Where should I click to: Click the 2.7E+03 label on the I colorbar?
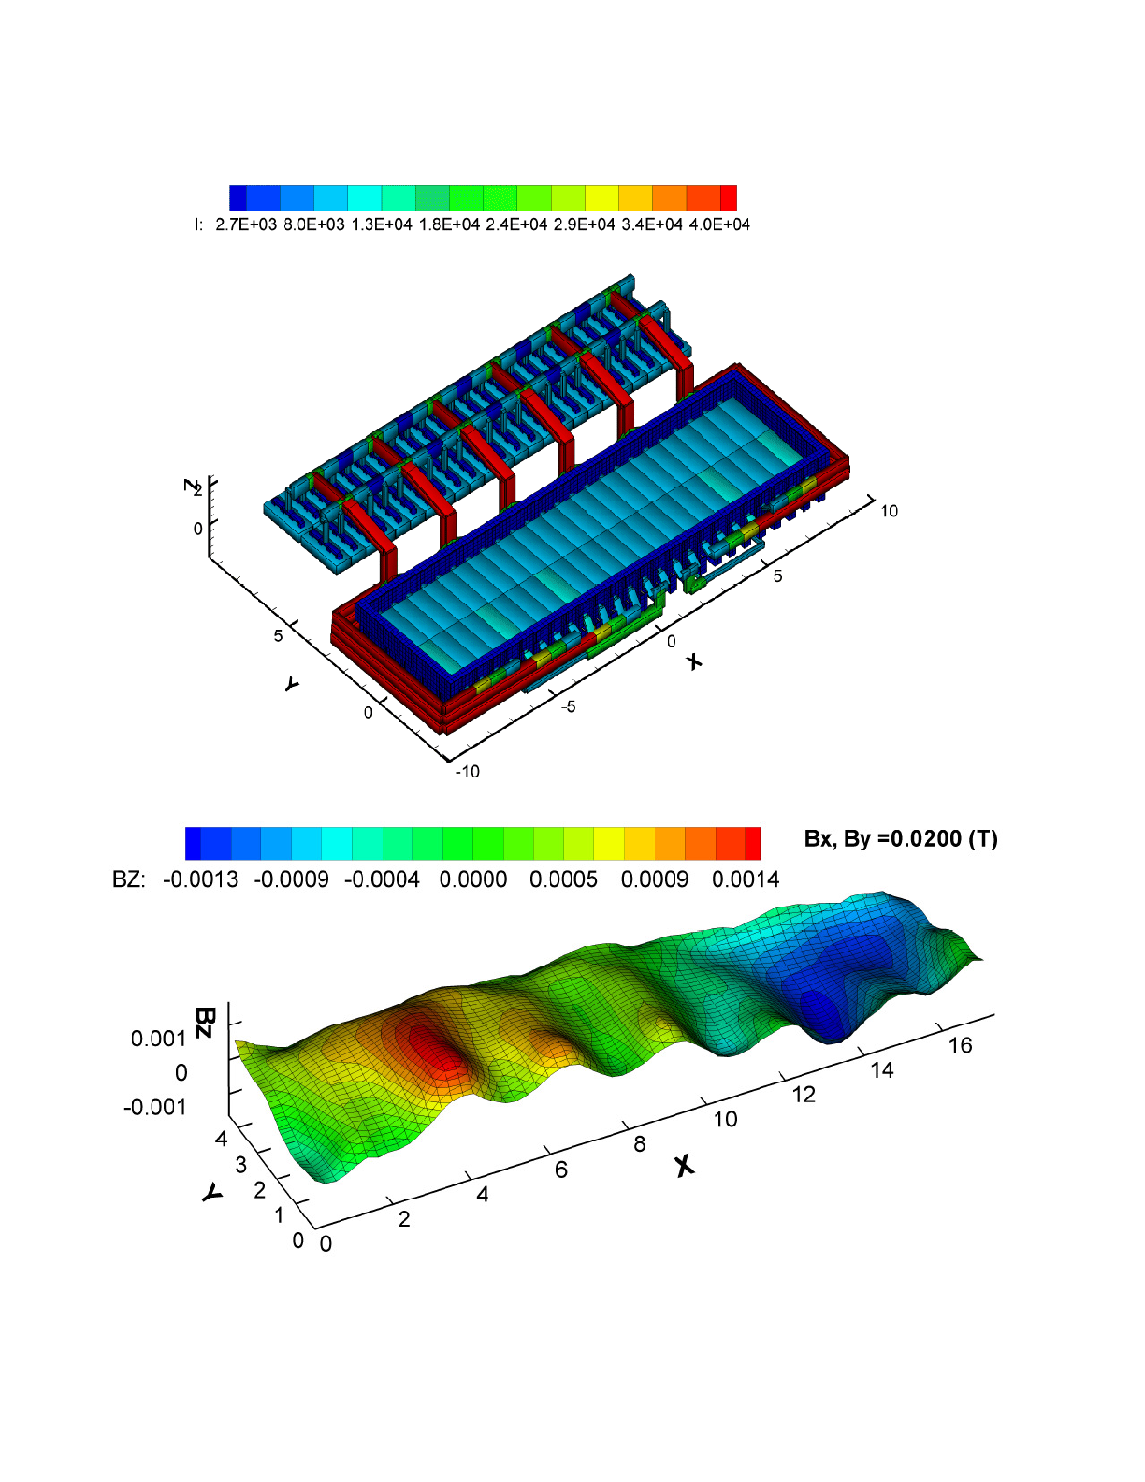(246, 225)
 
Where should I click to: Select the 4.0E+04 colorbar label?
(719, 225)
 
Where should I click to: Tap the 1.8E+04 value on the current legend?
(449, 225)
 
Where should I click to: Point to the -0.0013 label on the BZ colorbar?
(200, 879)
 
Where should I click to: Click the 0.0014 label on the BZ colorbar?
(746, 879)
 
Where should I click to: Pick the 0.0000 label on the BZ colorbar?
(472, 879)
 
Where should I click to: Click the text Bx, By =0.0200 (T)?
(901, 839)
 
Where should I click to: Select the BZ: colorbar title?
(129, 879)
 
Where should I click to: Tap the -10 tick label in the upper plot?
(467, 771)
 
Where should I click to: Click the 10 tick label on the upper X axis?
(889, 511)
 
